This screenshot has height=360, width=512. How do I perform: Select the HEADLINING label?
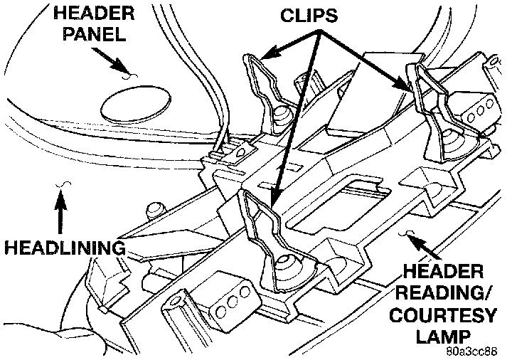(x=63, y=248)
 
